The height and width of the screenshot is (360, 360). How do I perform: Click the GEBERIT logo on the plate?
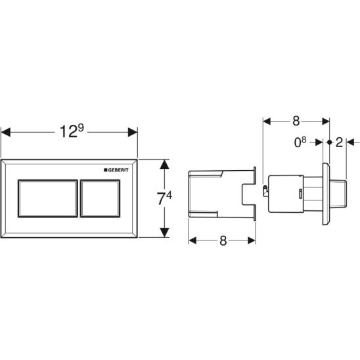point(116,170)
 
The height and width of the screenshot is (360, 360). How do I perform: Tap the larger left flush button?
point(48,198)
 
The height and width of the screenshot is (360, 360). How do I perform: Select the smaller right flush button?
point(100,198)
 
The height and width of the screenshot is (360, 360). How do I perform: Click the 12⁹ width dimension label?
point(72,131)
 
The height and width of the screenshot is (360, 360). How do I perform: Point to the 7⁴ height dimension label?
point(164,198)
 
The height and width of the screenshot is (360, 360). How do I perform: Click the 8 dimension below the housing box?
point(223,241)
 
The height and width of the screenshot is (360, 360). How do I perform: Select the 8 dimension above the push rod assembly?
point(296,121)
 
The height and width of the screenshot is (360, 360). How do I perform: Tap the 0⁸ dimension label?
point(300,142)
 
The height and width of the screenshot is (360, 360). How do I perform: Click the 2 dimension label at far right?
point(339,143)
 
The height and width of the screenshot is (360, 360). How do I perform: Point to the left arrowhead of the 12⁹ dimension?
point(6,132)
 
